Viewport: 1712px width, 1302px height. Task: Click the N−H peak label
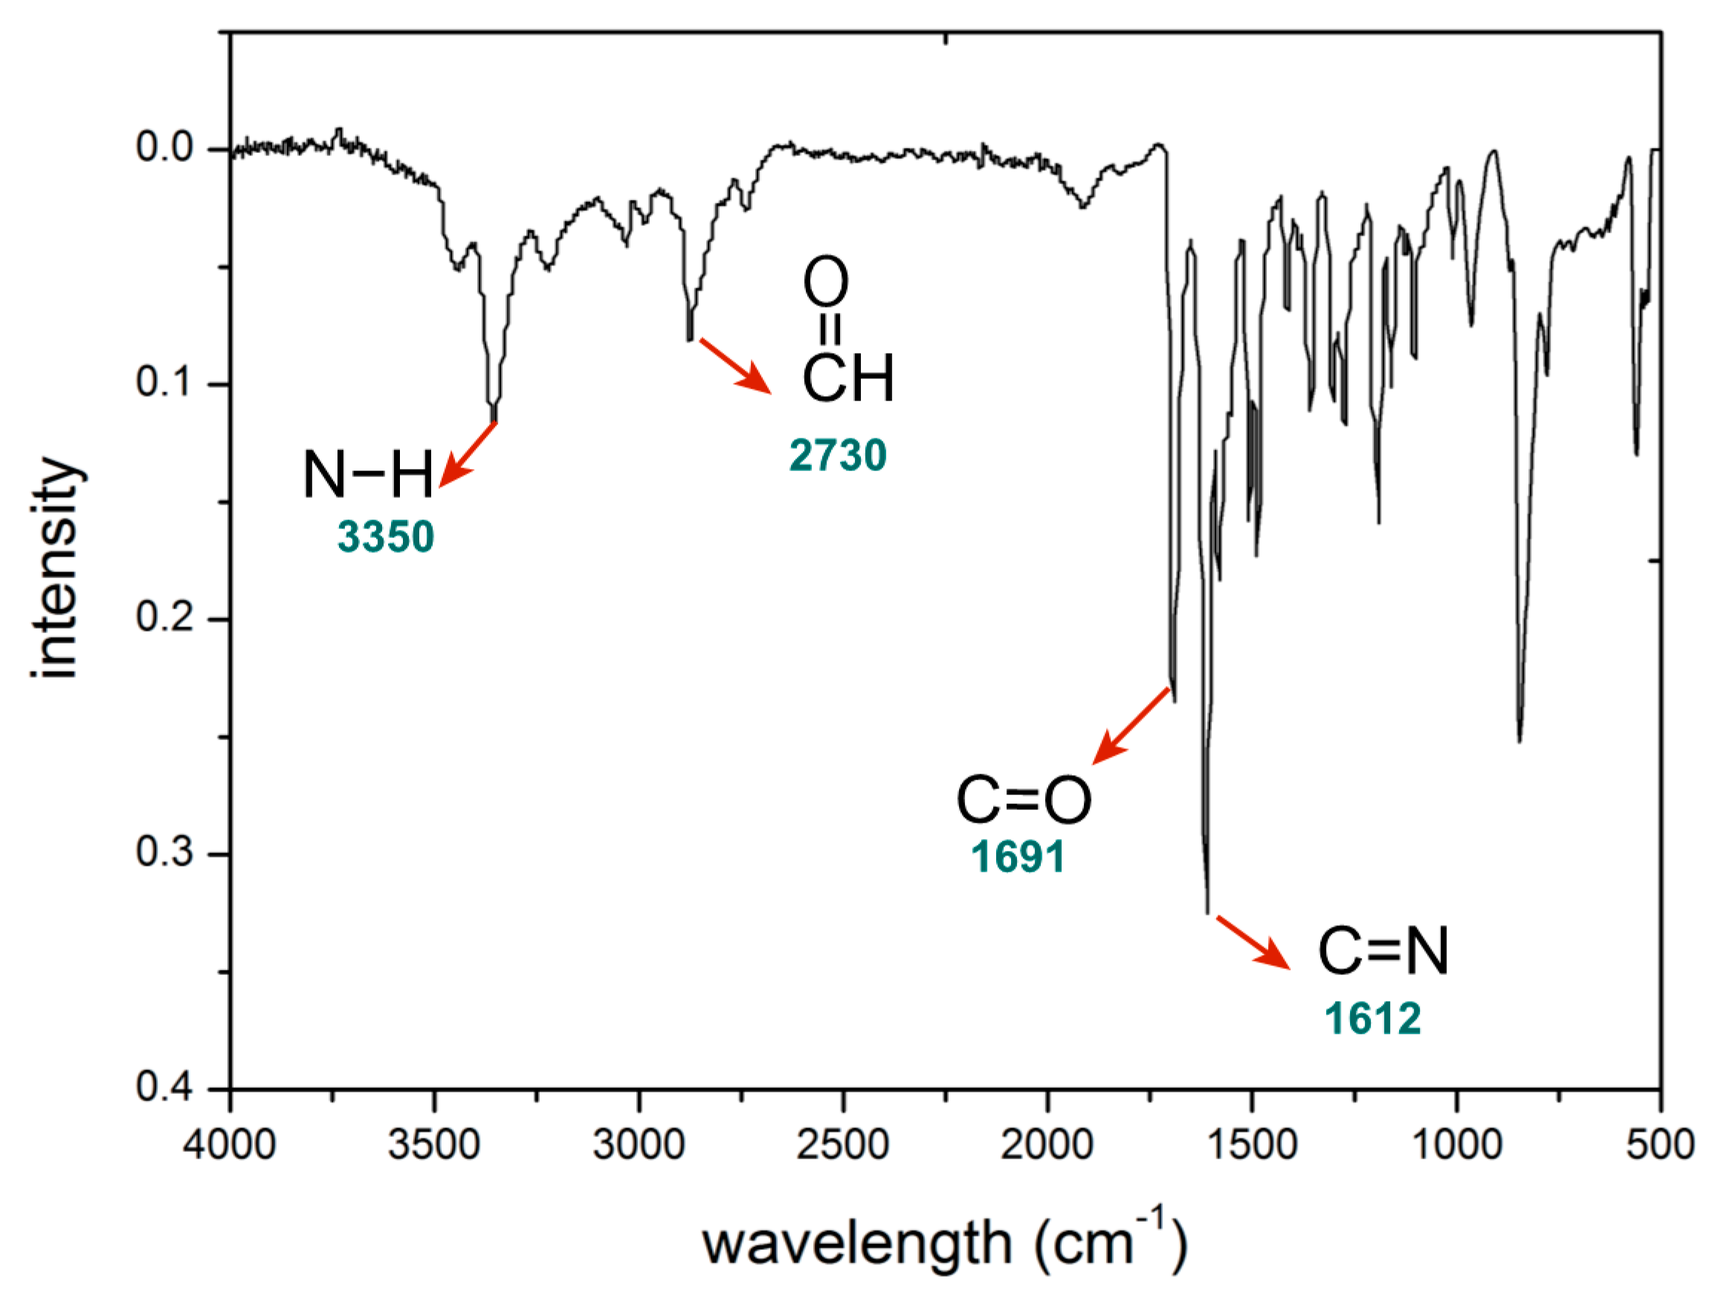point(367,474)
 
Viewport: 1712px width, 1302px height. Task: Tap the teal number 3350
point(386,537)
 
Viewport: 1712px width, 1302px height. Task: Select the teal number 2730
point(838,455)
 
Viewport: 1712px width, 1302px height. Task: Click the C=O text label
point(1024,800)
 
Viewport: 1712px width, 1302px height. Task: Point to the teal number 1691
point(1018,856)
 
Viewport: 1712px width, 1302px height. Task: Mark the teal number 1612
point(1372,1017)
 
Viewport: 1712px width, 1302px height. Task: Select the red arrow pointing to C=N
point(1253,942)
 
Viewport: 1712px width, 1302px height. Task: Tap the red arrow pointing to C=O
point(1131,725)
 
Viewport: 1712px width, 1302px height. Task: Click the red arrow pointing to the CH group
point(736,366)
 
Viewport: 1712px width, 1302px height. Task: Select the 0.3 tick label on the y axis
point(164,852)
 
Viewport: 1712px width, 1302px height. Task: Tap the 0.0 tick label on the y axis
point(164,147)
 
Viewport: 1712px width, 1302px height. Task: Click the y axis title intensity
point(56,568)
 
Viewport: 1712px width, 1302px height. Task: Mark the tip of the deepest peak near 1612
point(1207,913)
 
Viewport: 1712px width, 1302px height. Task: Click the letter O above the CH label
point(825,282)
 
